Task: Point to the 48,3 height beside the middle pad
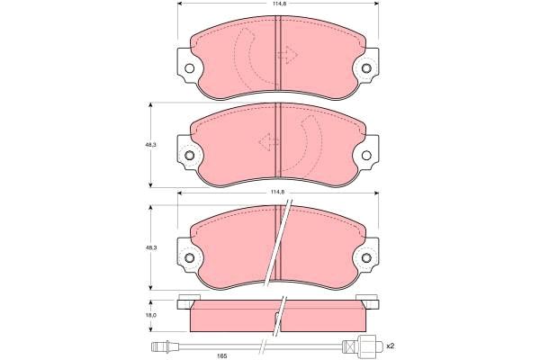click(x=150, y=145)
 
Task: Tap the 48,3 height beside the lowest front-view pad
click(x=151, y=247)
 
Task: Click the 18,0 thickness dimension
click(x=151, y=316)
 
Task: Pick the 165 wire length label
click(x=222, y=355)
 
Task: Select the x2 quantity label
click(x=390, y=346)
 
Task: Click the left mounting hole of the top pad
click(x=189, y=68)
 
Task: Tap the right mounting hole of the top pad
click(x=366, y=68)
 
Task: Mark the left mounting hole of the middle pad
click(x=189, y=156)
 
